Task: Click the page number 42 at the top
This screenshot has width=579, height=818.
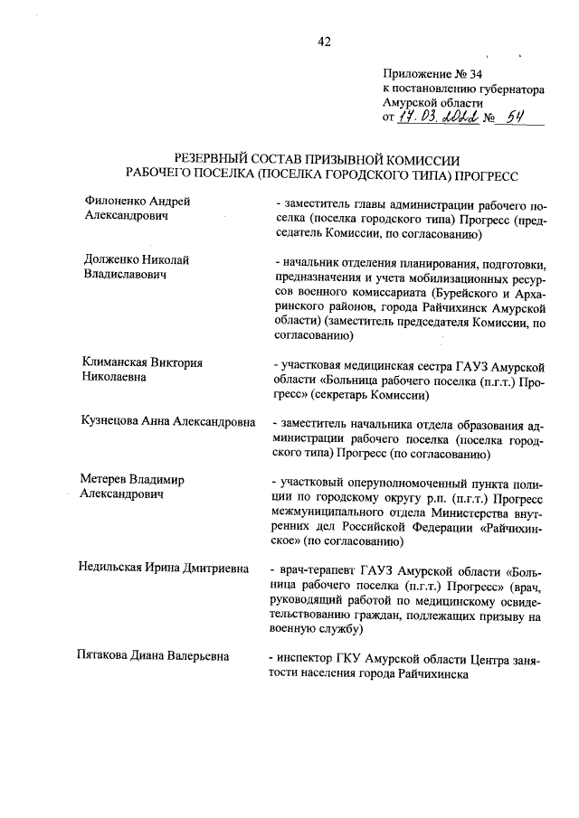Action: (x=326, y=41)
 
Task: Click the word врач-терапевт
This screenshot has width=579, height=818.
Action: (x=318, y=571)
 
